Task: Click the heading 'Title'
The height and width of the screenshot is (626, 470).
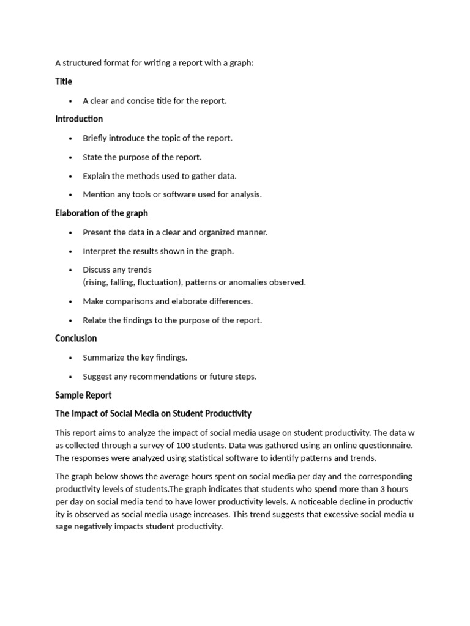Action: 64,81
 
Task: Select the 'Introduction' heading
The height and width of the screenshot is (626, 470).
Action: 79,119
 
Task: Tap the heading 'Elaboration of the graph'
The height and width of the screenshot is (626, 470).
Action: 102,213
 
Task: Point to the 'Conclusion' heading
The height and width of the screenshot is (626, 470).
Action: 76,338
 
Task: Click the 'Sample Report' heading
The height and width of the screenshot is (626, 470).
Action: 83,395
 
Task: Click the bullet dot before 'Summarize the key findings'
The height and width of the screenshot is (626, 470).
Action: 71,358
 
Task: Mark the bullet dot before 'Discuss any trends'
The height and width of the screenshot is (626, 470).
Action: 71,270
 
